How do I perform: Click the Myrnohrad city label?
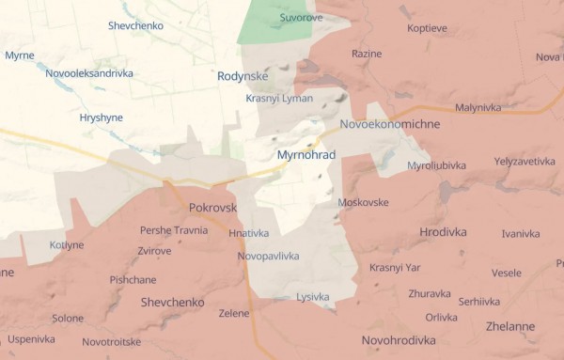click(306, 154)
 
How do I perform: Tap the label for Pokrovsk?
click(212, 208)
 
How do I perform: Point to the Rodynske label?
click(243, 76)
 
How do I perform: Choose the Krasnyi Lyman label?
click(279, 99)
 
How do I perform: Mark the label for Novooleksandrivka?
click(90, 72)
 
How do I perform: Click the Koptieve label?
click(428, 28)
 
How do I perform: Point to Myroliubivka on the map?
click(436, 165)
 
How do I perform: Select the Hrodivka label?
click(445, 231)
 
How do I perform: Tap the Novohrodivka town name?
click(398, 340)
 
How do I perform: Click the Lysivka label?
click(312, 297)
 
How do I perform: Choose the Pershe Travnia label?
click(174, 230)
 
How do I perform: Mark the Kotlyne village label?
click(66, 245)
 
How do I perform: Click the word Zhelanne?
click(510, 327)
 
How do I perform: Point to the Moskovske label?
click(363, 203)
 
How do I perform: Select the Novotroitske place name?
click(111, 342)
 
